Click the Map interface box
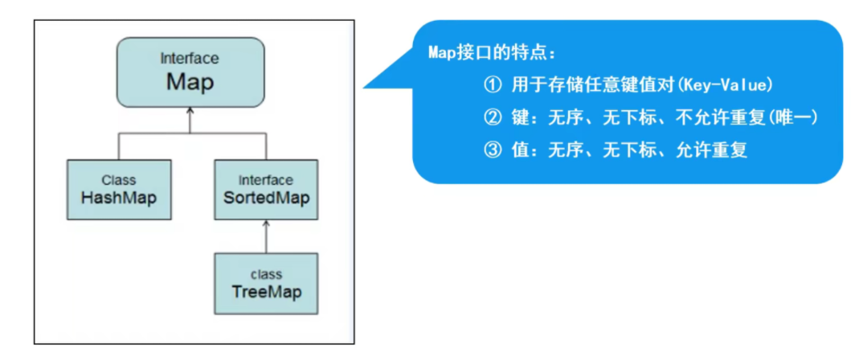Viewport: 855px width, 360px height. pyautogui.click(x=190, y=73)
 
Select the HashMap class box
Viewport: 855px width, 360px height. pyautogui.click(x=118, y=189)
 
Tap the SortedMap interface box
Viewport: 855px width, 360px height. pyautogui.click(x=266, y=189)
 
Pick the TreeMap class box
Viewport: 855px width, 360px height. pyautogui.click(x=266, y=284)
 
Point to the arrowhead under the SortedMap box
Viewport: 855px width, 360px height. pyautogui.click(x=266, y=224)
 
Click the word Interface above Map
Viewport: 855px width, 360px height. pyautogui.click(x=190, y=59)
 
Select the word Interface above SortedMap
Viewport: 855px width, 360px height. pyautogui.click(x=266, y=179)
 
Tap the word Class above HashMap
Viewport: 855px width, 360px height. pyautogui.click(x=119, y=179)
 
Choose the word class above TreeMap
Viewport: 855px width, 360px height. pyautogui.click(x=266, y=274)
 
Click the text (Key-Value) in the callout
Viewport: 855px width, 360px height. pyautogui.click(x=736, y=84)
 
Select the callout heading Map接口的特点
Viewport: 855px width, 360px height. pyautogui.click(x=491, y=54)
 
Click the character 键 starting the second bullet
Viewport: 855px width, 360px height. pyautogui.click(x=520, y=117)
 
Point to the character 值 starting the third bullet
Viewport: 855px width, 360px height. pyautogui.click(x=520, y=150)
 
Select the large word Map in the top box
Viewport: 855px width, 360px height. pyautogui.click(x=190, y=81)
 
